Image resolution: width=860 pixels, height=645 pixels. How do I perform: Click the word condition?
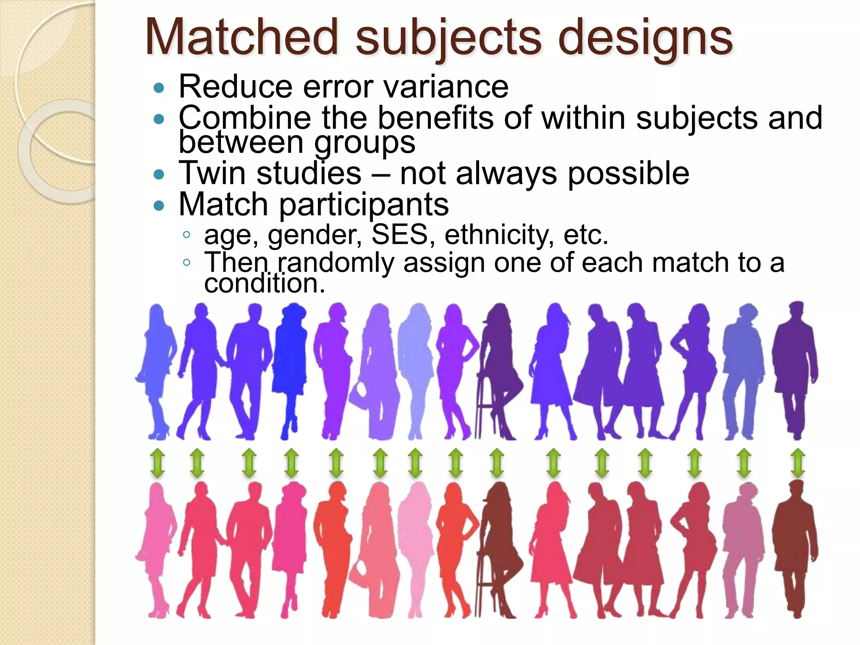pos(265,284)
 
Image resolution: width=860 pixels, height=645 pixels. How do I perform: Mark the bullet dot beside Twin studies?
pos(159,174)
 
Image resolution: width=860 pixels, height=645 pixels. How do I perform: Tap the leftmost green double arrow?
pos(157,463)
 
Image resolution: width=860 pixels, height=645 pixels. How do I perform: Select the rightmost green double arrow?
pos(797,463)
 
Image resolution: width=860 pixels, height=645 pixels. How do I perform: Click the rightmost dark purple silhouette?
pos(795,370)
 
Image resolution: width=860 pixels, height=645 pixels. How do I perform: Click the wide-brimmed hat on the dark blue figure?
pos(294,311)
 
